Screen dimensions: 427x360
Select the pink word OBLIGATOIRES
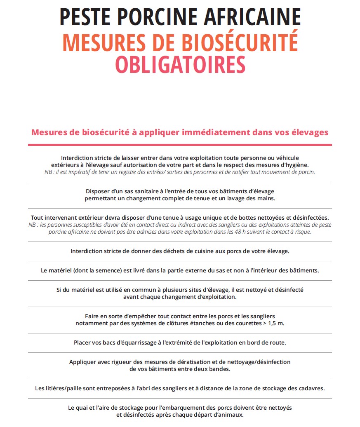pyautogui.click(x=180, y=64)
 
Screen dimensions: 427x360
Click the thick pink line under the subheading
pyautogui.click(x=180, y=145)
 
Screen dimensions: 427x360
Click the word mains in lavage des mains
pyautogui.click(x=266, y=198)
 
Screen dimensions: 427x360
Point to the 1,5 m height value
pyautogui.click(x=275, y=323)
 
